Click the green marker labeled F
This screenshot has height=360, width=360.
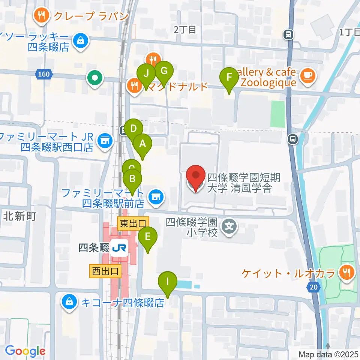229,78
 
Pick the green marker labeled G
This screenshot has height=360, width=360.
163,70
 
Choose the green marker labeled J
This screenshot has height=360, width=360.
146,73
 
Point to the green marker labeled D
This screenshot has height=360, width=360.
133,129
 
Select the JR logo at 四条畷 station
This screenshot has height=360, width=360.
119,248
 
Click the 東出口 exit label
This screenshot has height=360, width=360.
133,224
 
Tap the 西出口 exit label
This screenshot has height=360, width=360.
105,271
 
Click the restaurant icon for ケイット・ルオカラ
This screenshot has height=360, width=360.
345,273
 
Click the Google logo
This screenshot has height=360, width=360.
25,351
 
